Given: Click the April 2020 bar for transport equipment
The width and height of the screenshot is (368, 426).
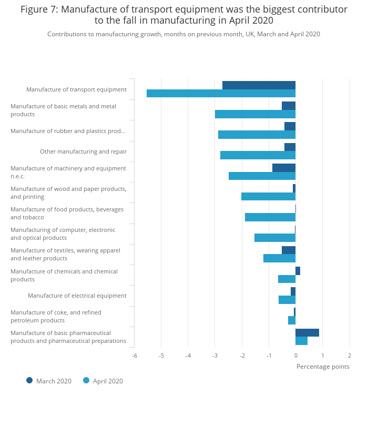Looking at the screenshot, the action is [x=221, y=94].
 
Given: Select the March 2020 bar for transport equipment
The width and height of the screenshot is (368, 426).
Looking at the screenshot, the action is [x=259, y=85].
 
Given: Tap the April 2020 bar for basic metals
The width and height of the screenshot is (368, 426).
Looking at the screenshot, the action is [x=255, y=114].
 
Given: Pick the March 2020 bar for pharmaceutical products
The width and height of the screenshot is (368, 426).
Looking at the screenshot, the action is [x=307, y=332].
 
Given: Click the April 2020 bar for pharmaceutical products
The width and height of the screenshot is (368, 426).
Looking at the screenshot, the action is [x=301, y=341].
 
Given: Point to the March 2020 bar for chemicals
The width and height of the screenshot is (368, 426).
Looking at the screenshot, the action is [x=298, y=271].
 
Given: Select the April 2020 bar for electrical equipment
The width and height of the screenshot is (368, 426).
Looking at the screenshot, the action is [x=287, y=300].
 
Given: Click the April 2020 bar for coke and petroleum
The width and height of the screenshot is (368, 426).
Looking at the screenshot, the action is [x=292, y=320].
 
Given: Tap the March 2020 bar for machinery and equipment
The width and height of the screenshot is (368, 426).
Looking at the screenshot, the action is [x=284, y=168].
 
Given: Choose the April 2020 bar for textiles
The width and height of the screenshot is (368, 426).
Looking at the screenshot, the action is [x=280, y=258].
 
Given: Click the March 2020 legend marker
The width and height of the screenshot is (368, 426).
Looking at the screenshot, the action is [x=29, y=381].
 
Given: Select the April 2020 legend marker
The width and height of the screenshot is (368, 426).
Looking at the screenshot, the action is [x=86, y=381].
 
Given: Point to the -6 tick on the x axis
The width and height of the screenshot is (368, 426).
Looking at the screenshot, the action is [x=135, y=356].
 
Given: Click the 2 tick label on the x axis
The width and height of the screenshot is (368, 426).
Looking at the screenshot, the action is [x=350, y=356].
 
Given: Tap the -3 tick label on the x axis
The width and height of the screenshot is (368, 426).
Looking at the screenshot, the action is [x=215, y=356].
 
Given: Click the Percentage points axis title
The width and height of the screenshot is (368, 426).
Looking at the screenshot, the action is [x=323, y=367].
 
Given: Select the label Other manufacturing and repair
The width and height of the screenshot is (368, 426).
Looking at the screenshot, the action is [x=84, y=151].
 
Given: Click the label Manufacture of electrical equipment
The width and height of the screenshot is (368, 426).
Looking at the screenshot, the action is [x=77, y=296].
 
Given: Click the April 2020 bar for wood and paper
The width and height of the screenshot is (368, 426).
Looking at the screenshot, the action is [x=268, y=196].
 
